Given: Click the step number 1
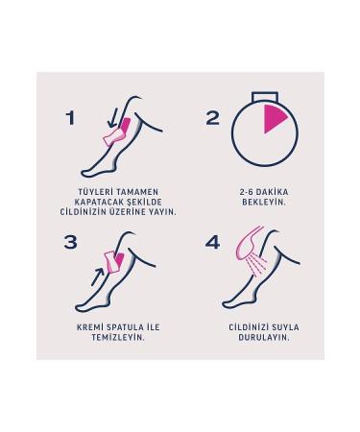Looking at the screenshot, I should coord(70,118).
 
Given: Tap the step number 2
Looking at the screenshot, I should coord(213,118).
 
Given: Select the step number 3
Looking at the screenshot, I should coord(71,242).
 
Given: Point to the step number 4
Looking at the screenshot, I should coord(213,242).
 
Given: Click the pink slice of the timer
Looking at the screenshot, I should coord(275,121).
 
